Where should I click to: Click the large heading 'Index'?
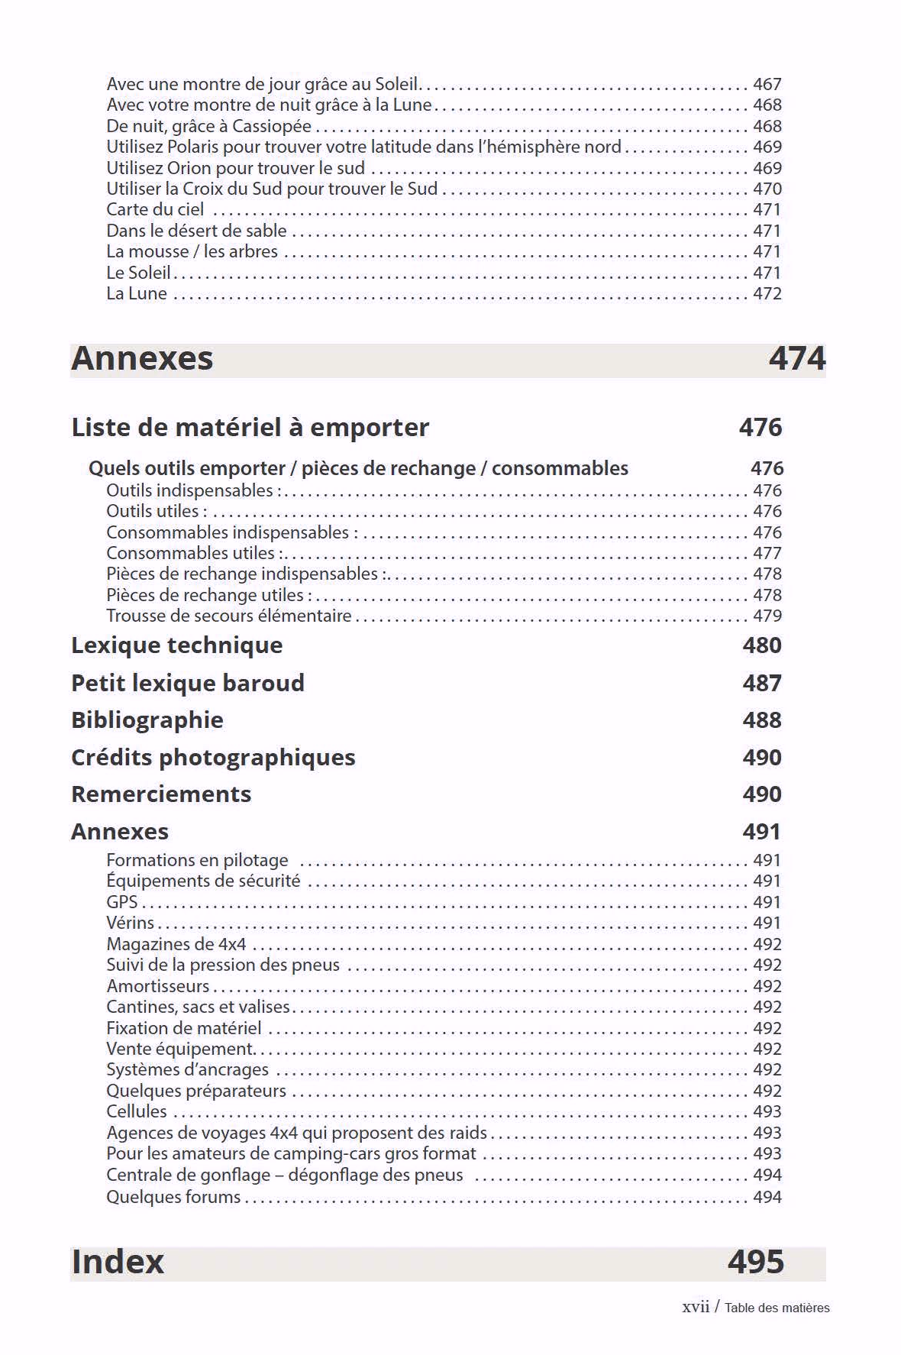pyautogui.click(x=118, y=1262)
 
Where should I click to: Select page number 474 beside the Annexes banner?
pyautogui.click(x=796, y=358)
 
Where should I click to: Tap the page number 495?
pyautogui.click(x=755, y=1262)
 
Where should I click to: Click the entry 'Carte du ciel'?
pyautogui.click(x=155, y=209)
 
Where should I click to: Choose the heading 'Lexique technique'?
pyautogui.click(x=176, y=645)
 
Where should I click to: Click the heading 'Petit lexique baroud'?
pyautogui.click(x=187, y=683)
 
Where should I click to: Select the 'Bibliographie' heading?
pyautogui.click(x=147, y=720)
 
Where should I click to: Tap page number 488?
pyautogui.click(x=761, y=720)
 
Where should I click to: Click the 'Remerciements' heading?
pyautogui.click(x=160, y=794)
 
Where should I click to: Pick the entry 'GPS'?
pyautogui.click(x=121, y=902)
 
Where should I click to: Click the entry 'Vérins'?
pyautogui.click(x=130, y=923)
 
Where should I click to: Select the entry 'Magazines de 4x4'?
pyautogui.click(x=176, y=944)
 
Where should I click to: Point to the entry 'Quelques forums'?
pyautogui.click(x=173, y=1197)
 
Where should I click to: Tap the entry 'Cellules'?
pyautogui.click(x=136, y=1111)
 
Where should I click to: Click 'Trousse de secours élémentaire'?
pyautogui.click(x=228, y=616)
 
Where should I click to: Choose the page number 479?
pyautogui.click(x=767, y=616)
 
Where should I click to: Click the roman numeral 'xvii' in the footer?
pyautogui.click(x=695, y=1307)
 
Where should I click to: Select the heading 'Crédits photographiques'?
pyautogui.click(x=213, y=757)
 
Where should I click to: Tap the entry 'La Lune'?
pyautogui.click(x=136, y=293)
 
